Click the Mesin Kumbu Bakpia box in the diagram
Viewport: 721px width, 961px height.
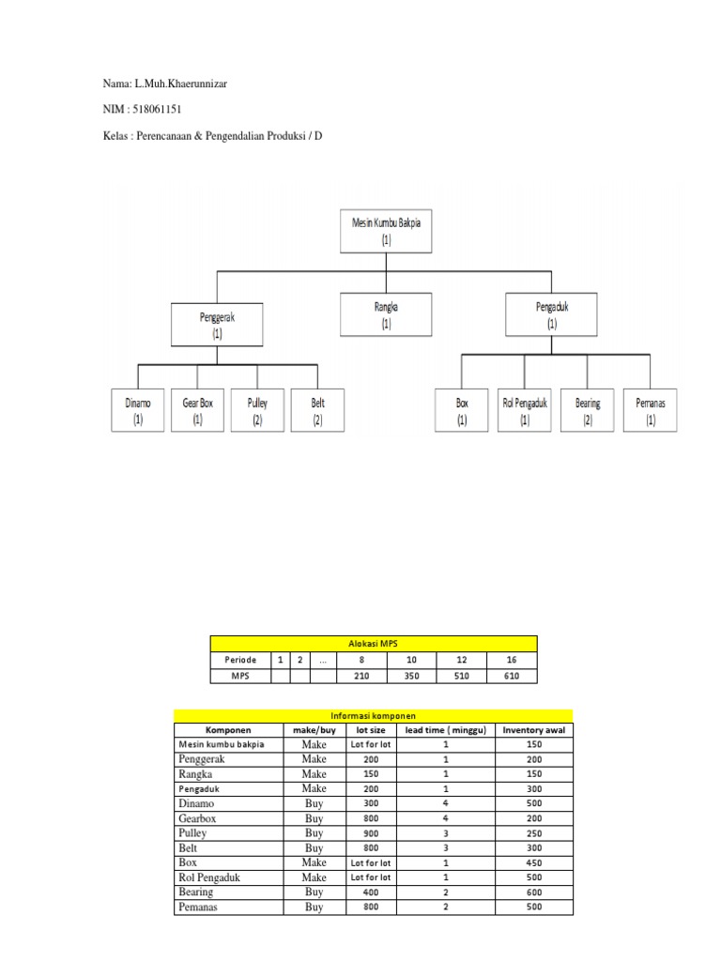[386, 231]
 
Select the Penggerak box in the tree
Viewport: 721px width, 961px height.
[217, 325]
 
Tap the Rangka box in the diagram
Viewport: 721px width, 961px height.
[386, 314]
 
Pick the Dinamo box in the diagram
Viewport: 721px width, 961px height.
[138, 410]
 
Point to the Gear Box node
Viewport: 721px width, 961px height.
[197, 410]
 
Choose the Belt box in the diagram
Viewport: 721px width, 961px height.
[317, 410]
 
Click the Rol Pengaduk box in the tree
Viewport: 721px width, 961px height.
[524, 410]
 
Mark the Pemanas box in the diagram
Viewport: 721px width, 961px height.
[651, 410]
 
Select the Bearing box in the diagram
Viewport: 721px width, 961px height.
[588, 410]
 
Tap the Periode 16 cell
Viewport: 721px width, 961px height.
[512, 660]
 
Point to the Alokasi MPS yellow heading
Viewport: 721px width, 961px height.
[374, 644]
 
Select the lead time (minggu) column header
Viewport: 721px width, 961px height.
[446, 730]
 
